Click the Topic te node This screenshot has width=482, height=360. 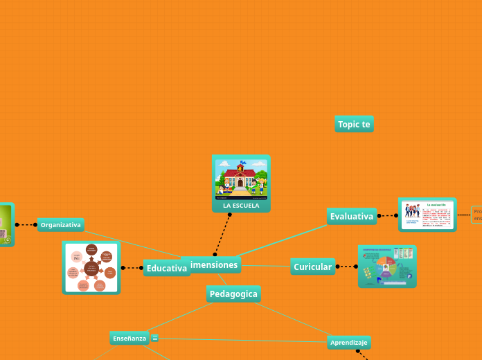(x=354, y=124)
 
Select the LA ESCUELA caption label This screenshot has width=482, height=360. (x=241, y=206)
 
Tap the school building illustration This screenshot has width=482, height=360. (x=241, y=179)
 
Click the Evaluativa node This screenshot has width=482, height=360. (x=352, y=217)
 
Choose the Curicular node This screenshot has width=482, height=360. (x=312, y=267)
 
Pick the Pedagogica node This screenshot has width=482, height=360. (x=233, y=294)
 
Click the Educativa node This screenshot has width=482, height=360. (x=166, y=268)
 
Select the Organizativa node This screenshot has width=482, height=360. (x=61, y=224)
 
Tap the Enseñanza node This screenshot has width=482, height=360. (x=130, y=338)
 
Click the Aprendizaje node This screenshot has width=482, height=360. (x=349, y=342)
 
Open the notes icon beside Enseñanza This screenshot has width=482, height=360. (x=155, y=338)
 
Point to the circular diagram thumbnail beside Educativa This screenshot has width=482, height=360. (x=91, y=267)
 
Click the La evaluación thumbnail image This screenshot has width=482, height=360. (x=427, y=215)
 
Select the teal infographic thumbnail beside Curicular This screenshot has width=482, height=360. (x=387, y=266)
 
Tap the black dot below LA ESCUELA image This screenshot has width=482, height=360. (x=230, y=215)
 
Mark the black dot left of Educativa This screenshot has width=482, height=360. (x=123, y=268)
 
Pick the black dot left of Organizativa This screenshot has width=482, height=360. (x=17, y=224)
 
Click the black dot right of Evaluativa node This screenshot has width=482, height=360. (x=379, y=216)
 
